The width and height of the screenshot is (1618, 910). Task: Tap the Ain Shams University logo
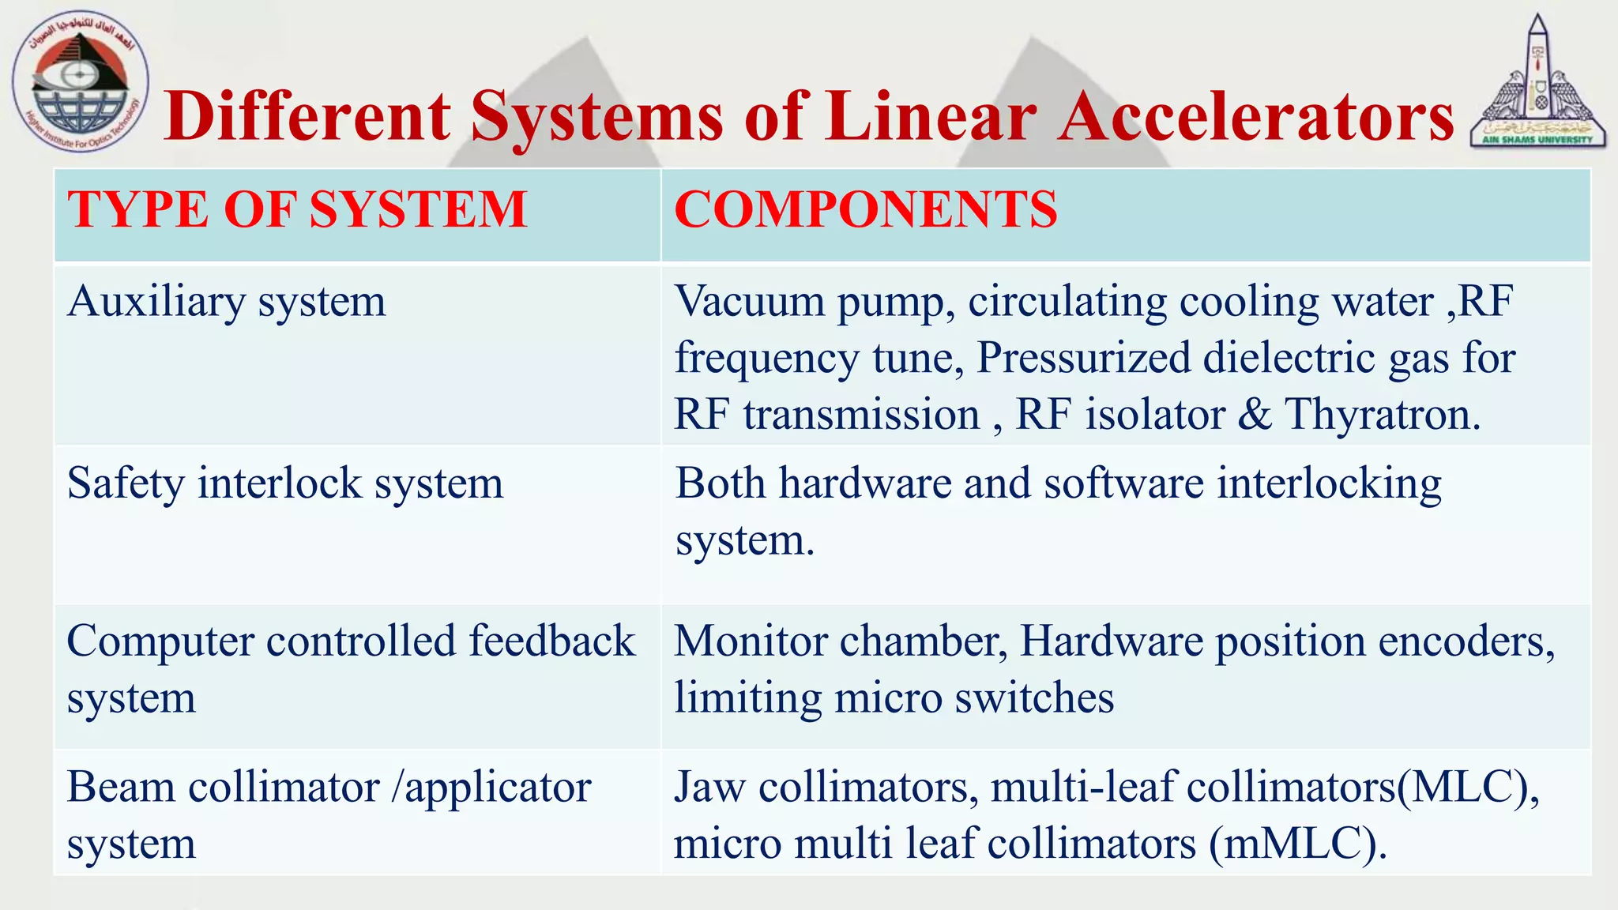click(1536, 82)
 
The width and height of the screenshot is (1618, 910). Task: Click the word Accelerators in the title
click(1255, 117)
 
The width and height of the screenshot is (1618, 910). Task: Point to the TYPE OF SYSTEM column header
click(297, 210)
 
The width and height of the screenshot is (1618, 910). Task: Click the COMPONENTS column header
click(865, 210)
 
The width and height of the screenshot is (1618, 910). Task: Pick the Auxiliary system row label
click(227, 303)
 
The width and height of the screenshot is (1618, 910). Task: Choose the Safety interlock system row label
click(285, 483)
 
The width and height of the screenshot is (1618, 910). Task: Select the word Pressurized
click(1084, 359)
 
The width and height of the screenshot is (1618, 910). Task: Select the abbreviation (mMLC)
click(1297, 844)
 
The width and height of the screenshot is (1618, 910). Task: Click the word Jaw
click(709, 788)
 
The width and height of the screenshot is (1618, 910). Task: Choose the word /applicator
click(491, 788)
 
